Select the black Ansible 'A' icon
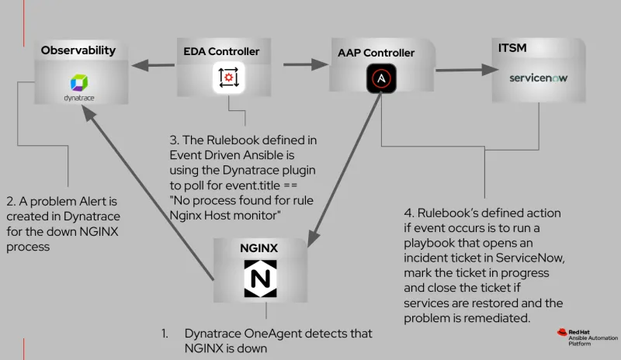tap(381, 79)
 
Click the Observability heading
tap(78, 50)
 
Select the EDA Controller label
tap(221, 52)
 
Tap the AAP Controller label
tap(376, 53)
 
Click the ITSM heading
tap(513, 49)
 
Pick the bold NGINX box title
tap(260, 251)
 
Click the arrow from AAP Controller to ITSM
tap(462, 70)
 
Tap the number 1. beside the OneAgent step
tap(165, 334)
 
